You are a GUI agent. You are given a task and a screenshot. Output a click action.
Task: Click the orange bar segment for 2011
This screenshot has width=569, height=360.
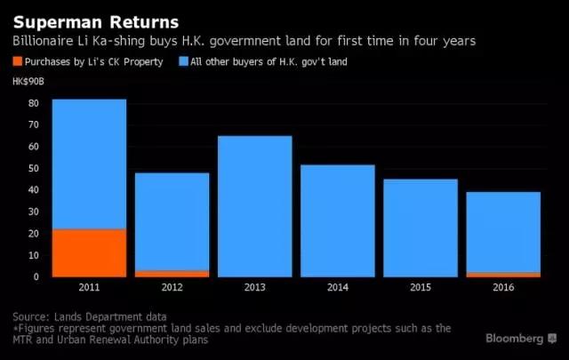point(89,252)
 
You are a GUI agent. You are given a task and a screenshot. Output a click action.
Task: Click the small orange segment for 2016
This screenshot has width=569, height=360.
point(503,274)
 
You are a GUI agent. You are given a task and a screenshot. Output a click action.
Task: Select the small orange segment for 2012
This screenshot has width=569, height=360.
point(172,273)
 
